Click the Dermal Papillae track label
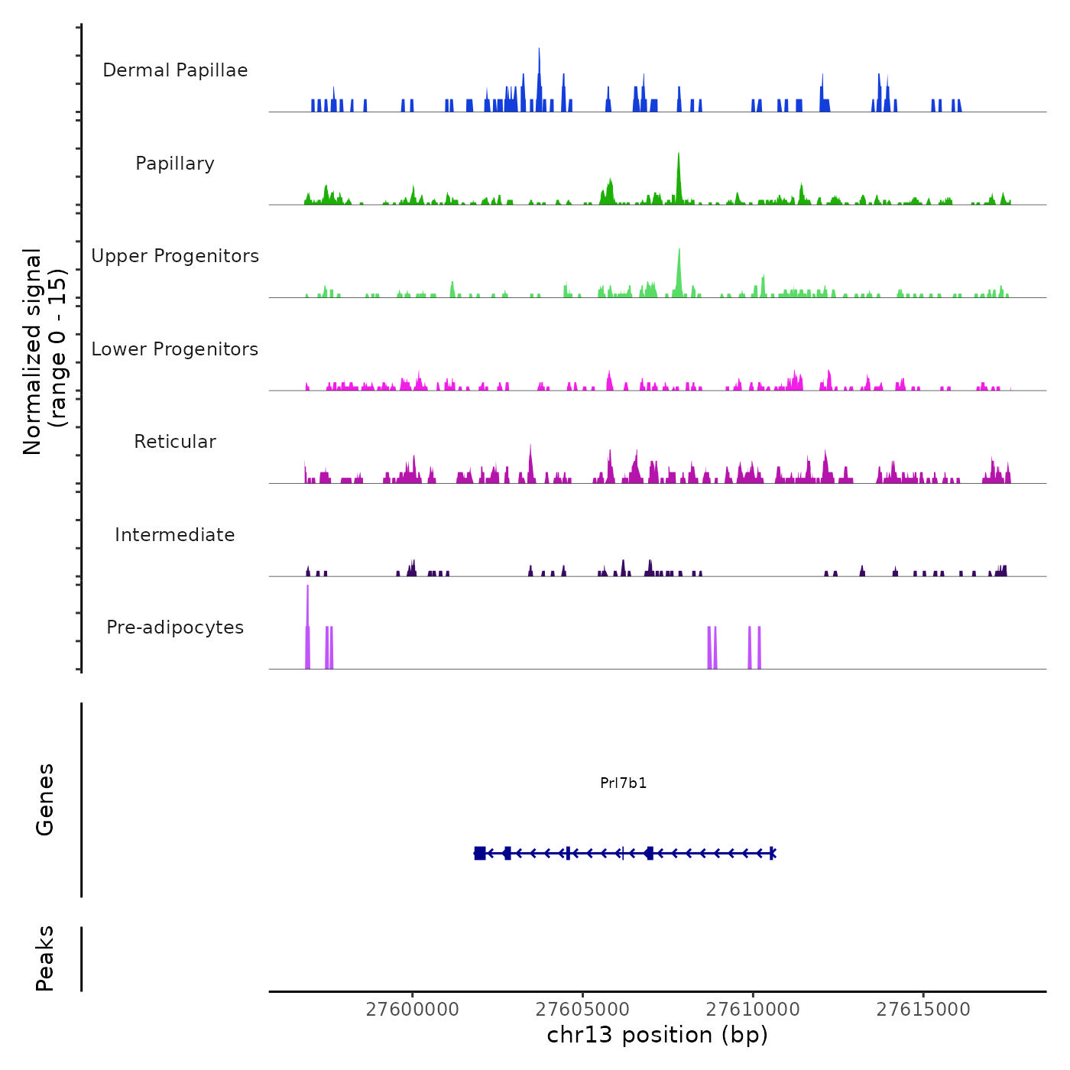click(175, 70)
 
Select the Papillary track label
click(175, 164)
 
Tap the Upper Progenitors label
click(175, 256)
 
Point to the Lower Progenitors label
click(175, 349)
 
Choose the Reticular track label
click(175, 442)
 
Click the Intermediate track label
click(175, 535)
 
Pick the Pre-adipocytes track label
click(175, 627)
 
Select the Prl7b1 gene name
click(624, 783)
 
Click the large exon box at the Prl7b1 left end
click(480, 853)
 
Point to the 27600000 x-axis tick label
click(413, 1010)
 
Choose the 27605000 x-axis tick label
click(583, 1010)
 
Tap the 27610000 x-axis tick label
click(753, 1010)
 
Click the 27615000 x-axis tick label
click(923, 1010)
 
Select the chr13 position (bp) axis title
click(657, 1035)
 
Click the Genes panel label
click(45, 799)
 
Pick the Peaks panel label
click(45, 958)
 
